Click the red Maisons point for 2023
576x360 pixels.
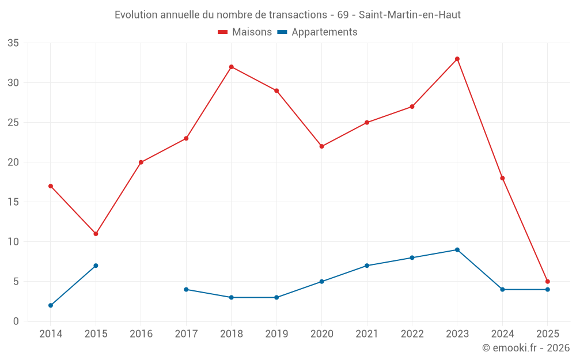[457, 59]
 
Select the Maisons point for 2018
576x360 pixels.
[232, 67]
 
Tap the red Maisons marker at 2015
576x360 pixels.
[96, 234]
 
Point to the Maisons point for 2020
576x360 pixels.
[322, 146]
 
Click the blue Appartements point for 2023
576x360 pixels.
[457, 249]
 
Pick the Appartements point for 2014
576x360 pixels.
[51, 305]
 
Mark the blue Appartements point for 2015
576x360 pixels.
[96, 266]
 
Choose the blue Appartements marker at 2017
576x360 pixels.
[186, 289]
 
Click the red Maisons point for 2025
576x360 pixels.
[548, 282]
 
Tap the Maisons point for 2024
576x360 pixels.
[502, 178]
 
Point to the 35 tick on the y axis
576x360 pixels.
[13, 43]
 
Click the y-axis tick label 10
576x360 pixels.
[13, 242]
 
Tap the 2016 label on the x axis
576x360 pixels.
[141, 334]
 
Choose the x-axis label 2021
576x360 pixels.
[367, 334]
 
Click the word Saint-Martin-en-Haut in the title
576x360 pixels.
[410, 15]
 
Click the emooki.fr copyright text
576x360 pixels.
[525, 348]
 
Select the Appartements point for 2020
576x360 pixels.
[322, 282]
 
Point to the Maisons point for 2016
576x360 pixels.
[141, 162]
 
